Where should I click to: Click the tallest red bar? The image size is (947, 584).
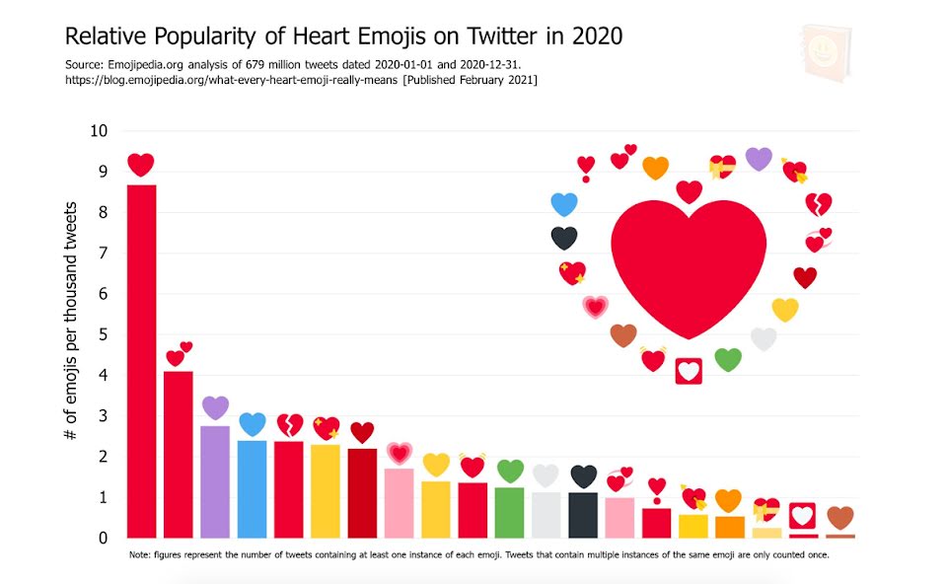[x=141, y=360]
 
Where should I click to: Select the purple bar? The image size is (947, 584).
[x=215, y=481]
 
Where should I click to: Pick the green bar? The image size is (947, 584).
[x=509, y=512]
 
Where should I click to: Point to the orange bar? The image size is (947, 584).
[x=730, y=527]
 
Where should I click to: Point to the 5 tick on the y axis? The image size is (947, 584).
[x=104, y=334]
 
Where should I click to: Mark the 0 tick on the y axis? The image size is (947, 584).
[x=104, y=538]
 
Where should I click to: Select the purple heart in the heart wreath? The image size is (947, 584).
[x=759, y=158]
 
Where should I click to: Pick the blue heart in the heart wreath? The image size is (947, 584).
[x=563, y=204]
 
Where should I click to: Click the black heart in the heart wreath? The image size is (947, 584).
[x=563, y=238]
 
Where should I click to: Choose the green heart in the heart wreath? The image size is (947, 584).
[x=727, y=359]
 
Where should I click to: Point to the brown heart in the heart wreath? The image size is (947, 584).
[x=623, y=335]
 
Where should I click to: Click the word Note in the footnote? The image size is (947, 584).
[x=140, y=554]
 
